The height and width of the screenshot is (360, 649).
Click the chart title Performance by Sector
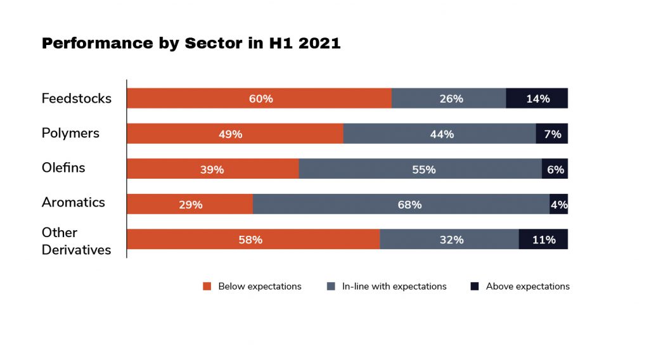coord(191,44)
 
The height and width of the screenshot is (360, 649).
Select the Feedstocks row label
coord(76,98)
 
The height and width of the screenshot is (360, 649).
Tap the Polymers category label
coord(70,133)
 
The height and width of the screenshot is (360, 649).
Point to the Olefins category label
coord(63,168)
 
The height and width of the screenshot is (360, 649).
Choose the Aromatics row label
coord(73,202)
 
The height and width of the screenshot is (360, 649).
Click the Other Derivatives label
coord(76,241)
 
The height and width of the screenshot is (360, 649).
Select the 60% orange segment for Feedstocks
coord(259,98)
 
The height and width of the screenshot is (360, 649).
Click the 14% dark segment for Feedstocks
coord(537,98)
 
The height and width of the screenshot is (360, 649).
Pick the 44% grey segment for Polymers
coord(440,134)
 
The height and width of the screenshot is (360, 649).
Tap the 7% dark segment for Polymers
coord(552,134)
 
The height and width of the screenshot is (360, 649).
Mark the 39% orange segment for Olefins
coord(213,169)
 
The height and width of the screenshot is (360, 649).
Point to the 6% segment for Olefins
coord(555,169)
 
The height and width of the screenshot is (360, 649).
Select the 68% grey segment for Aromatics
coord(401,204)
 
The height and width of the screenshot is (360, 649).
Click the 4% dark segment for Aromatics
coord(559,204)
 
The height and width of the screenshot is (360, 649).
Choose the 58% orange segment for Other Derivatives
coord(254,239)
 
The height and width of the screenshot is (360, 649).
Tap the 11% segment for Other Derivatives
coord(543,239)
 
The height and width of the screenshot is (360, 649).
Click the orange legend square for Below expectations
coord(207,286)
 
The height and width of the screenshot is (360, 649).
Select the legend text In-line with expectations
coord(394,286)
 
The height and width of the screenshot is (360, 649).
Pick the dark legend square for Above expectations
coord(475,286)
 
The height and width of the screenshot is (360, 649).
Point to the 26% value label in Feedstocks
coord(451,99)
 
